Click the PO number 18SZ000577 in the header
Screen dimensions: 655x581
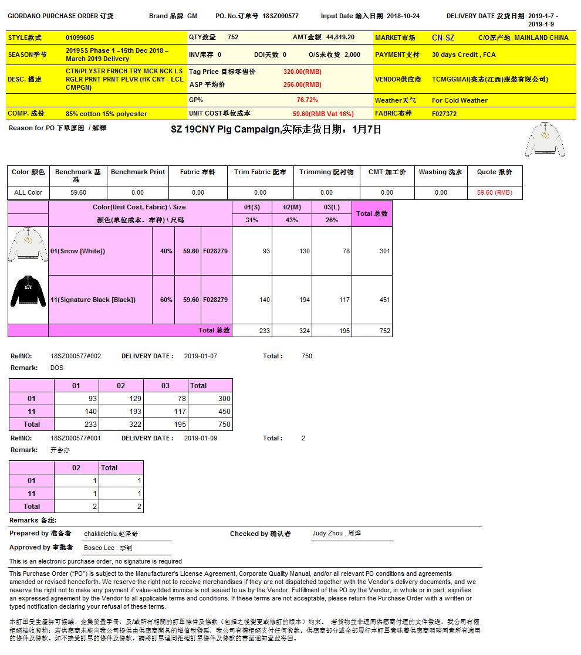pos(280,16)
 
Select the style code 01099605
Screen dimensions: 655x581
pos(80,38)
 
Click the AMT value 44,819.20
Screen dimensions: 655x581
pos(340,37)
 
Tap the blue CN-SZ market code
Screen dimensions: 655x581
pos(443,38)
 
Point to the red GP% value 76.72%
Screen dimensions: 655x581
pos(307,100)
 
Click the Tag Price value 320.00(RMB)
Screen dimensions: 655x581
pos(302,72)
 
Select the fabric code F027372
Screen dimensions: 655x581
pos(444,114)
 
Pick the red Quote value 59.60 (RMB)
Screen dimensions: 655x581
pos(494,192)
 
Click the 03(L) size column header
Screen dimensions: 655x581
pos(332,207)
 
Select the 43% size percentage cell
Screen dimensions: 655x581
pos(292,220)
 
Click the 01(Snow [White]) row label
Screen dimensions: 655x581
pos(78,251)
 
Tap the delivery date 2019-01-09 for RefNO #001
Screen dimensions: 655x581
pos(201,438)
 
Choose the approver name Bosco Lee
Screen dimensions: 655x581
pos(108,548)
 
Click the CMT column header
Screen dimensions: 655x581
pos(387,172)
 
